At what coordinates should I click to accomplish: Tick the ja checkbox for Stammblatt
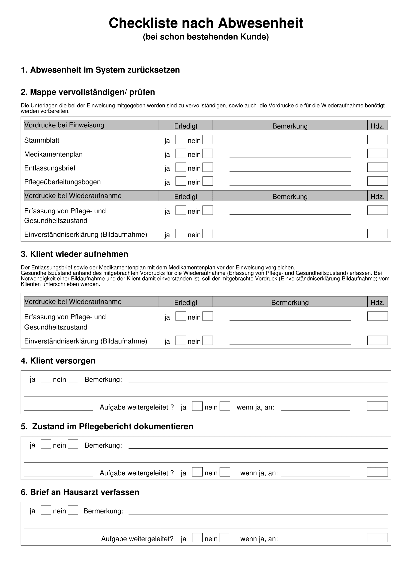click(180, 140)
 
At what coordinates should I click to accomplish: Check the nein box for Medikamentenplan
click(207, 154)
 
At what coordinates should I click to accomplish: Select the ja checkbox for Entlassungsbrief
click(180, 167)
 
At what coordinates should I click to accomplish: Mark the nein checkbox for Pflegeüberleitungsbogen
click(207, 181)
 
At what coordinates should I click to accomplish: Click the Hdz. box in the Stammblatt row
click(377, 140)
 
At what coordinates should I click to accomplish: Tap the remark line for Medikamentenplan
click(290, 155)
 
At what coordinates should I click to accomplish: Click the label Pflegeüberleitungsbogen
click(62, 182)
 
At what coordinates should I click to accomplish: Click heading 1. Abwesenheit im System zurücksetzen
click(100, 70)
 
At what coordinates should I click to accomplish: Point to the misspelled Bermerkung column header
click(290, 302)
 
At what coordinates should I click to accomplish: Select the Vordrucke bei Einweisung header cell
click(91, 125)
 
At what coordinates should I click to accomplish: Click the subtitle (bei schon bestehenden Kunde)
click(206, 37)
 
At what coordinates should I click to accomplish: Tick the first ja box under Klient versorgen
click(46, 379)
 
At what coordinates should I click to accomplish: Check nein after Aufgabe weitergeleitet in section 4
click(225, 406)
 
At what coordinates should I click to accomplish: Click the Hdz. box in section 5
click(377, 472)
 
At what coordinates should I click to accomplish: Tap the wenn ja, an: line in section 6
click(315, 539)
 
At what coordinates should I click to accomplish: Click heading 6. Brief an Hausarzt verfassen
click(80, 492)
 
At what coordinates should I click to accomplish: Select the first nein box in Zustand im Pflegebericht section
click(73, 444)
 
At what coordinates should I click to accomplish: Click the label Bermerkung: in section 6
click(103, 511)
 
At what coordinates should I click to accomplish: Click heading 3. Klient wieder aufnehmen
click(74, 254)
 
